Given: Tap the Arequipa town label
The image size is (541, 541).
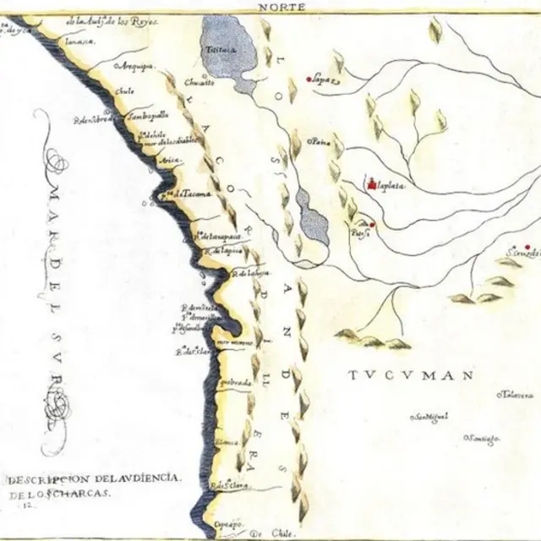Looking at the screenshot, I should point(134,65).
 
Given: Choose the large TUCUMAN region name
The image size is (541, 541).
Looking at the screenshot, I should point(412,373).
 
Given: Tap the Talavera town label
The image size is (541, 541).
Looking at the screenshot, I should point(516,395).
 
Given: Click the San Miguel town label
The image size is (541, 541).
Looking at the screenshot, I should point(429,416).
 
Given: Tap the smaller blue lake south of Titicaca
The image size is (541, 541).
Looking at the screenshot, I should point(314,216).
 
